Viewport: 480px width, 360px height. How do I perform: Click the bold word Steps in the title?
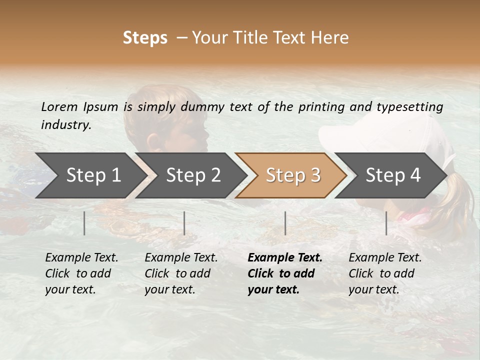coord(145,37)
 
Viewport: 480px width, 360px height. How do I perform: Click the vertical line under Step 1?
coord(84,223)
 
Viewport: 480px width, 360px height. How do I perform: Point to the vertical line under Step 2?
coord(184,223)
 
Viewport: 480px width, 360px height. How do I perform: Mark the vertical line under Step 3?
coord(285,223)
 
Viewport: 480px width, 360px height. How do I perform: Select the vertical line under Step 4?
coord(386,223)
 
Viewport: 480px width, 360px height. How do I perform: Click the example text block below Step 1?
coord(81,273)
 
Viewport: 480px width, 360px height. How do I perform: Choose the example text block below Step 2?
coord(181,273)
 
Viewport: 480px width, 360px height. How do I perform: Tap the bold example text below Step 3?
coord(285,273)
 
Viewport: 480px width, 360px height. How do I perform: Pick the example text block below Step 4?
coord(385,273)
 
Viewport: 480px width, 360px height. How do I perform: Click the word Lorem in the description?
coord(59,106)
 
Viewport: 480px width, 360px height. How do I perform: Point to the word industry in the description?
coord(66,125)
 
